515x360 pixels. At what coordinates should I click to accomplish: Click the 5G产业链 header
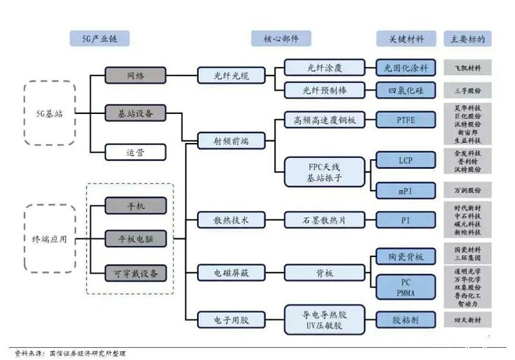coord(99,38)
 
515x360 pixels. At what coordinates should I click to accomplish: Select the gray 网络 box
coord(135,75)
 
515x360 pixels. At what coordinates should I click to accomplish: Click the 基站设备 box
coord(135,113)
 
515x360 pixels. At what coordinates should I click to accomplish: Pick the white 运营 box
coord(135,153)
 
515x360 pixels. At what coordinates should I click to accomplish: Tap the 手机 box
coord(135,206)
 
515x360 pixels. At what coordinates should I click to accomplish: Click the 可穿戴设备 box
coord(135,273)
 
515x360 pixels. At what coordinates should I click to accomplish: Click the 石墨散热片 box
coord(324,220)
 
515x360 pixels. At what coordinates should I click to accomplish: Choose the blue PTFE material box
coord(406,120)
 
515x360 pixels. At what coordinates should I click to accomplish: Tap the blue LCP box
coord(406,160)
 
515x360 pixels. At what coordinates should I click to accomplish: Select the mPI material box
coord(406,189)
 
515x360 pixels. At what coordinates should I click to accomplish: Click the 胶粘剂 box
coord(406,318)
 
